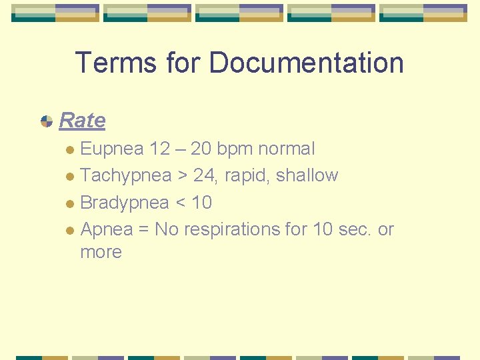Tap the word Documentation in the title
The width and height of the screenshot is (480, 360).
pos(306,63)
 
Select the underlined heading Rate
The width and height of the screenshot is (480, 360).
pos(82,121)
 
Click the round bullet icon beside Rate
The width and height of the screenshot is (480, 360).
pos(47,121)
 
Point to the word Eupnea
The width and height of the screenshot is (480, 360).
pos(112,149)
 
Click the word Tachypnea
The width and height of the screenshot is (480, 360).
pos(125,175)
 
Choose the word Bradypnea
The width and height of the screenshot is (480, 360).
pos(124,202)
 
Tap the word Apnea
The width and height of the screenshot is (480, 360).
pos(105,229)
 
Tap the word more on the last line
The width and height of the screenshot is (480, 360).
pos(101,252)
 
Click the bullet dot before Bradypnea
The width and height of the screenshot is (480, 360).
pos(71,203)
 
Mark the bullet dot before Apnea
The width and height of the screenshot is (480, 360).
pos(71,230)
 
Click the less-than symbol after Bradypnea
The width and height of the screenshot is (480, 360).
pos(180,203)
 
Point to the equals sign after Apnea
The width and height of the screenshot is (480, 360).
pos(143,229)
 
